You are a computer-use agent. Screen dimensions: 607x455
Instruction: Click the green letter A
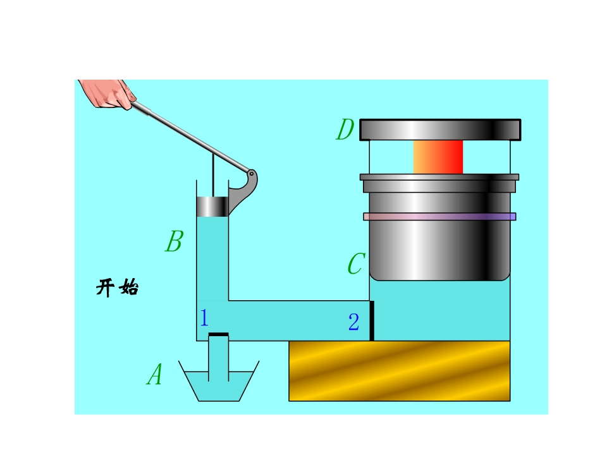(x=155, y=375)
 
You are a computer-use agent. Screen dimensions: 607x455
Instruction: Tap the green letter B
(x=175, y=241)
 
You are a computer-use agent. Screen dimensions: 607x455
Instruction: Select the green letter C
(x=356, y=264)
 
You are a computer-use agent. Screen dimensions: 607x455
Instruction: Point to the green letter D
(x=345, y=129)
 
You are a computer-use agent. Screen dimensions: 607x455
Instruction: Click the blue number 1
(x=204, y=318)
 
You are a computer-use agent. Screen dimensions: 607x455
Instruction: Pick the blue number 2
(x=354, y=322)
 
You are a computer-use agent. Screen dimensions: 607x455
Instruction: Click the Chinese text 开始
(x=117, y=288)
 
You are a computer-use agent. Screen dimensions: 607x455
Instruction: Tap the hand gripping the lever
(x=108, y=94)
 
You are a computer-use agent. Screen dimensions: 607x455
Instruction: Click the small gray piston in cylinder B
(x=212, y=207)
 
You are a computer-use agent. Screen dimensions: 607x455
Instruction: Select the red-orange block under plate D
(x=438, y=157)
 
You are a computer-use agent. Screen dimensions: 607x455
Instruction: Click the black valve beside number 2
(x=372, y=321)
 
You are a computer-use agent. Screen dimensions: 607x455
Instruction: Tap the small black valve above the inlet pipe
(x=218, y=334)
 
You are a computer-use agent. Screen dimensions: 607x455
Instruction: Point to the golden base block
(x=400, y=371)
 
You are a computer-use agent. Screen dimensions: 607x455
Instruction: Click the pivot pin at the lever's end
(x=251, y=174)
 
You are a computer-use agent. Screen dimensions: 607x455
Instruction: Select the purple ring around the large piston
(x=439, y=217)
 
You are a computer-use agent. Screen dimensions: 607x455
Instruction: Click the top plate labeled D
(x=440, y=130)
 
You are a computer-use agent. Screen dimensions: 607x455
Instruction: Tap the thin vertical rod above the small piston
(x=213, y=175)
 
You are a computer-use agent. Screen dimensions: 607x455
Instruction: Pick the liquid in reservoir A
(x=219, y=386)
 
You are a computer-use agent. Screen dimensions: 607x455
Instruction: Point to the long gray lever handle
(x=190, y=136)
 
